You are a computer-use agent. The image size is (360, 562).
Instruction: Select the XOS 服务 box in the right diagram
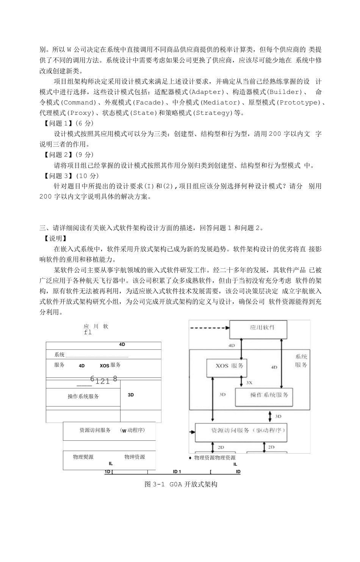(229, 366)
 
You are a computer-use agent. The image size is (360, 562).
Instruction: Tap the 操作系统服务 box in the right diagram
(269, 395)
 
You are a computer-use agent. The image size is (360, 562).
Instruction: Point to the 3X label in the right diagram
(249, 383)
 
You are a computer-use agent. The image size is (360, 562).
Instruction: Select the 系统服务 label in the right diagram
(301, 361)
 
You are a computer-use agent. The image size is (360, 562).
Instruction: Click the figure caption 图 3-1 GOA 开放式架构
(181, 485)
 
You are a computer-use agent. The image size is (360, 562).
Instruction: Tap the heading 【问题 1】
(56, 123)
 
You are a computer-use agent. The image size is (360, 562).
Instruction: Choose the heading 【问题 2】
(56, 155)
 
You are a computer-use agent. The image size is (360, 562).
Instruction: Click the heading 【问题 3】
(56, 176)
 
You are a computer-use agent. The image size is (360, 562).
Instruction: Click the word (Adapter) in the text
(207, 92)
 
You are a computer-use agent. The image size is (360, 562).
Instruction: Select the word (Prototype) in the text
(299, 103)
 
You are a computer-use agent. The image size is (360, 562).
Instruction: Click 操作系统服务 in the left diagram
(83, 396)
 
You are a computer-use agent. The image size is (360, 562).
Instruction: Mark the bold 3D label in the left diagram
(131, 395)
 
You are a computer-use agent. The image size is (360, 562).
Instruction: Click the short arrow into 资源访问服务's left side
(192, 431)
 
